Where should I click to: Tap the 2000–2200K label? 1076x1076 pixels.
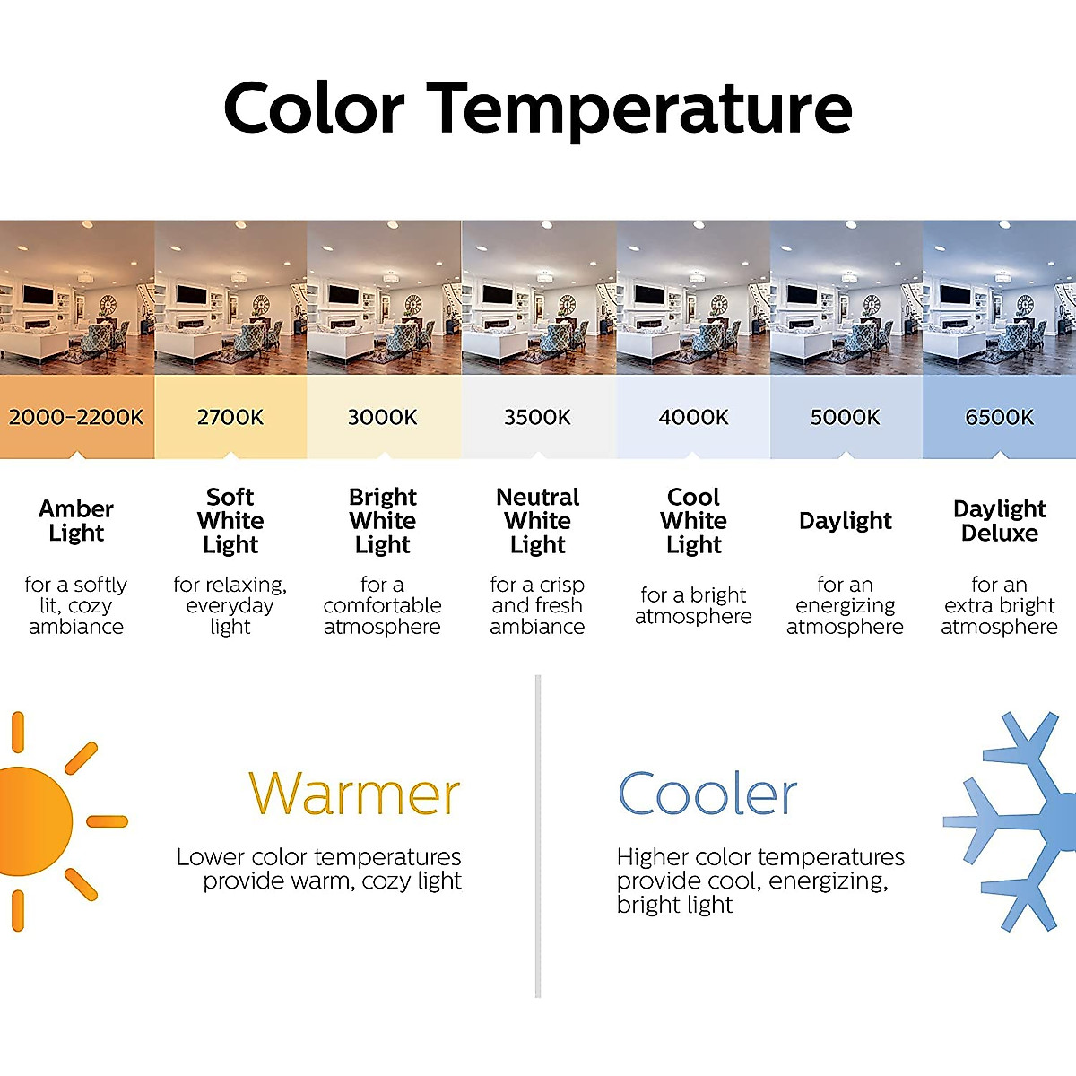click(76, 418)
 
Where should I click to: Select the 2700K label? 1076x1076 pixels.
click(230, 418)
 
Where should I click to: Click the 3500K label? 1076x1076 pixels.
click(537, 418)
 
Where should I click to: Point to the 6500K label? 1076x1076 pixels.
click(1000, 418)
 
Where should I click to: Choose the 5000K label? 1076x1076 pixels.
click(846, 418)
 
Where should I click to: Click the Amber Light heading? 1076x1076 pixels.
click(76, 521)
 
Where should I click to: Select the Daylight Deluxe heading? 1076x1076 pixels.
click(1000, 521)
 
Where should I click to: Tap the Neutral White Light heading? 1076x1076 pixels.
click(538, 521)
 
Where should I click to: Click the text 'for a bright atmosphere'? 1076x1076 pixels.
click(693, 606)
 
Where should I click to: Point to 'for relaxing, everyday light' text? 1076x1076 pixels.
click(230, 606)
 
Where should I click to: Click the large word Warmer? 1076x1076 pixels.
click(354, 794)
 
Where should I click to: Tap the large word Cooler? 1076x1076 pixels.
click(707, 794)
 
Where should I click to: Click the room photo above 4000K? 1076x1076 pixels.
click(693, 298)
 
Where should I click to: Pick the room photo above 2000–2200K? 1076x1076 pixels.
click(77, 298)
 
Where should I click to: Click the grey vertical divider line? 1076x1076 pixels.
click(538, 836)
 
